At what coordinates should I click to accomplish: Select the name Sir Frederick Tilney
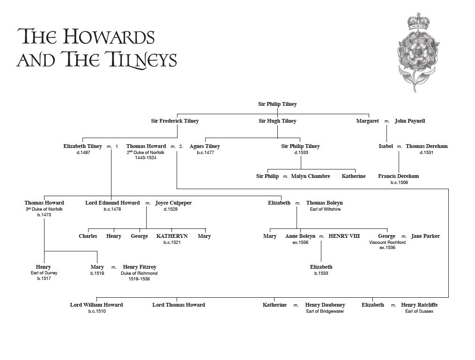pyautogui.click(x=175, y=121)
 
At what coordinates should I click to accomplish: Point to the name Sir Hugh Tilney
pyautogui.click(x=277, y=121)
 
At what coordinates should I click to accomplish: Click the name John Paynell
pyautogui.click(x=409, y=121)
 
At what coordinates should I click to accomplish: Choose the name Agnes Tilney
pyautogui.click(x=205, y=146)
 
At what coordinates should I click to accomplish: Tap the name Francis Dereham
pyautogui.click(x=398, y=176)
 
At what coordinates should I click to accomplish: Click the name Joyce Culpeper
pyautogui.click(x=173, y=203)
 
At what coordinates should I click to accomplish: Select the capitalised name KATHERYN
pyautogui.click(x=172, y=236)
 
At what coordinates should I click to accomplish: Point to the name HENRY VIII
pyautogui.click(x=344, y=236)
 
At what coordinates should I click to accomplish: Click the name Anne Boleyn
pyautogui.click(x=300, y=236)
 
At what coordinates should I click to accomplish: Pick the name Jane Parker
pyautogui.click(x=425, y=236)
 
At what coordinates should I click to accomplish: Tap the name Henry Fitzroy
pyautogui.click(x=139, y=267)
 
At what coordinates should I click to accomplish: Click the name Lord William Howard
pyautogui.click(x=96, y=305)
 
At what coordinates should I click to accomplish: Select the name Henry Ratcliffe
pyautogui.click(x=419, y=305)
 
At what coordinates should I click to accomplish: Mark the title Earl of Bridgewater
pyautogui.click(x=325, y=311)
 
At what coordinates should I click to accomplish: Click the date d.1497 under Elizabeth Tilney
pyautogui.click(x=83, y=153)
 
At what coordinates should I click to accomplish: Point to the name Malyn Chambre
pyautogui.click(x=310, y=176)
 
